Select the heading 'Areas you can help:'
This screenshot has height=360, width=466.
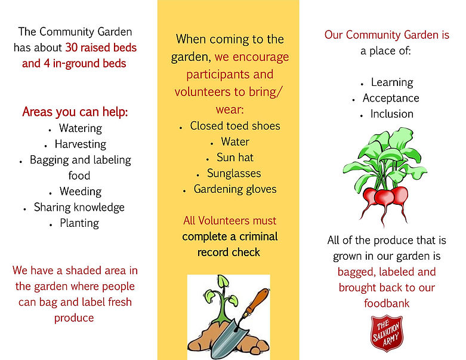point(75,112)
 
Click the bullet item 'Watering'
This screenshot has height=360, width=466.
point(81,128)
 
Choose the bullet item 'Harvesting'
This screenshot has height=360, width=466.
point(81,144)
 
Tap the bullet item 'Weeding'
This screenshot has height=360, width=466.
point(81,192)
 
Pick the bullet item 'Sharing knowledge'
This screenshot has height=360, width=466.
point(79,207)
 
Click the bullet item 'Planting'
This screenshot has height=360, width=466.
point(79,223)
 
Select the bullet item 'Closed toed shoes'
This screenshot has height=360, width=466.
point(235,126)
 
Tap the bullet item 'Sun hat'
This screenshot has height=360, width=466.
point(235,158)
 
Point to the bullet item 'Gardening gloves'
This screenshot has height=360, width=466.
point(235,189)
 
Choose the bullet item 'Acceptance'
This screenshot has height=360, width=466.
point(391,98)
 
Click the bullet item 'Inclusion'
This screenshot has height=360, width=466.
point(391,113)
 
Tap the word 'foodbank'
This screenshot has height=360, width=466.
point(387,303)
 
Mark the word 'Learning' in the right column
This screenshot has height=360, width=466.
point(392,82)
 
